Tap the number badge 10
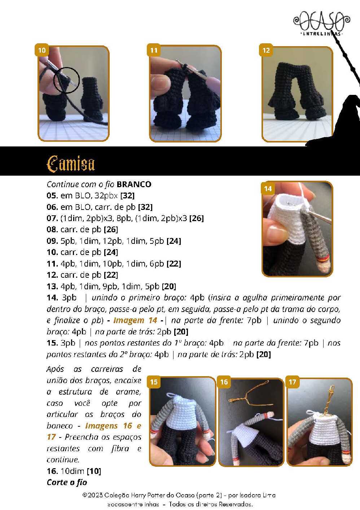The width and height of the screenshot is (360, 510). (42, 50)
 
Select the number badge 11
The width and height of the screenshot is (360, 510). (154, 50)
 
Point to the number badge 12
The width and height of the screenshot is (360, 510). (266, 50)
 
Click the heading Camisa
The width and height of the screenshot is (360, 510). (71, 164)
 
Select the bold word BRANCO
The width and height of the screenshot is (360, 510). (134, 184)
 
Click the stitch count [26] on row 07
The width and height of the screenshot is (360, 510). (197, 218)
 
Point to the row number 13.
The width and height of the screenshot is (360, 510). (52, 286)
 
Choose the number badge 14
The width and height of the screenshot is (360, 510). (268, 189)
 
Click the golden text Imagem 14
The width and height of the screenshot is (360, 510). (135, 320)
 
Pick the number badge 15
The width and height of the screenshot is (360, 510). (154, 382)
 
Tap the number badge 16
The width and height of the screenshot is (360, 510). (224, 382)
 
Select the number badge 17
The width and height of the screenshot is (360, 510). (292, 382)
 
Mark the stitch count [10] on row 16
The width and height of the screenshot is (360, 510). (94, 471)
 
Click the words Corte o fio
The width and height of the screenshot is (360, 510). (67, 482)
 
